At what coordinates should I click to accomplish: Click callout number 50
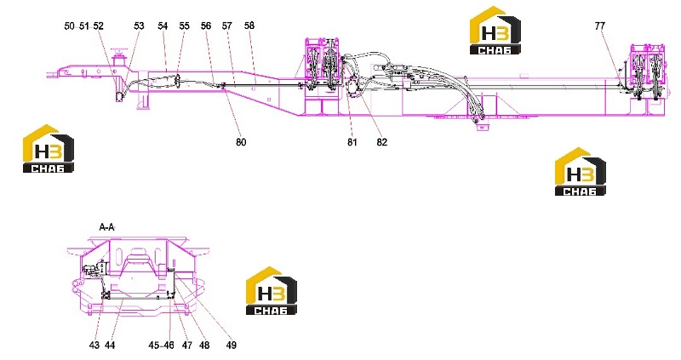[69, 26]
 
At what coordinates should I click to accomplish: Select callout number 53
[139, 26]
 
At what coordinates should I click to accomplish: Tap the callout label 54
[163, 26]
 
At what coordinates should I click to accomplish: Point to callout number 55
[184, 26]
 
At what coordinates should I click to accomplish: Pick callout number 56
[206, 26]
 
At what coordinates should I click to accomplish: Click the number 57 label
[227, 26]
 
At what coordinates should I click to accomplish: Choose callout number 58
[249, 26]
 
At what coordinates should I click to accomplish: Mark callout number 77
[600, 26]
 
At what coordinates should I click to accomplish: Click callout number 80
[241, 142]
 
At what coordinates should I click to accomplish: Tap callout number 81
[352, 142]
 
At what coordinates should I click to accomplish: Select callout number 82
[381, 142]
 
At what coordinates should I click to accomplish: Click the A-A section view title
[107, 227]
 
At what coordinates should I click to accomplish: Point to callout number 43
[94, 346]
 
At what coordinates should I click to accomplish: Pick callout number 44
[110, 346]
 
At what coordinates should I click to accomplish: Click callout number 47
[186, 346]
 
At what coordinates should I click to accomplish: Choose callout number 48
[204, 346]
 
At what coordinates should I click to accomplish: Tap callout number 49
[231, 346]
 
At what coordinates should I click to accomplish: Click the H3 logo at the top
[495, 31]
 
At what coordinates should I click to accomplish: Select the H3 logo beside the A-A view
[272, 290]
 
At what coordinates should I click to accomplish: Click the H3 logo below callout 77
[581, 172]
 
